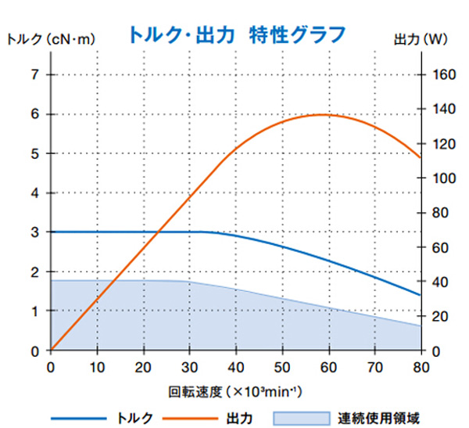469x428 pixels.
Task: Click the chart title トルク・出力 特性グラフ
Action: (234, 34)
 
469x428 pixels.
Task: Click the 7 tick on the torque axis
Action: (34, 75)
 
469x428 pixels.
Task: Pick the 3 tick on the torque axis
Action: (34, 232)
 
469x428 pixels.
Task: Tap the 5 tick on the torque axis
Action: (34, 153)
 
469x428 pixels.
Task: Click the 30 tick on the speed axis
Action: (189, 365)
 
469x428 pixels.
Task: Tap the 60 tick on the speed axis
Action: (328, 365)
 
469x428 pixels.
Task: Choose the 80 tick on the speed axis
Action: (421, 365)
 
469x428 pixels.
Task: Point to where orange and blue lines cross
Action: (159, 232)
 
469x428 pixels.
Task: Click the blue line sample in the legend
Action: (77, 417)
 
